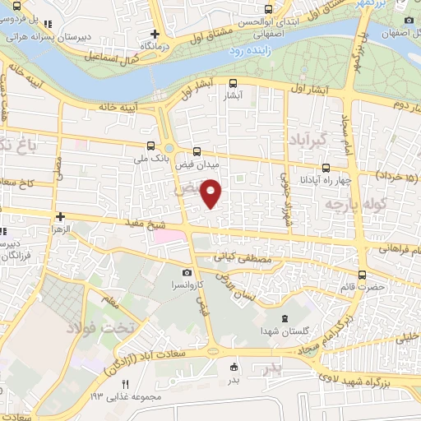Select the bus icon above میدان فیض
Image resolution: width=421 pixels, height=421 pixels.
point(196,151)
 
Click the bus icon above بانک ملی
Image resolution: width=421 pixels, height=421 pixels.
point(149,146)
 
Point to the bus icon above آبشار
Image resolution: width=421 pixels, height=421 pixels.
point(234,82)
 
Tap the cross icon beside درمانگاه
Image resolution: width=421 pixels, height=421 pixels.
point(154,35)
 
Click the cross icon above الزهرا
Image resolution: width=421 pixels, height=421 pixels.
point(59,217)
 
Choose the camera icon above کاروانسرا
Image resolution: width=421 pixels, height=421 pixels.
point(187,272)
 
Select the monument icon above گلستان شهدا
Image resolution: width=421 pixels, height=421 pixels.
point(285,319)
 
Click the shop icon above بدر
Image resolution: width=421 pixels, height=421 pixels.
point(234,367)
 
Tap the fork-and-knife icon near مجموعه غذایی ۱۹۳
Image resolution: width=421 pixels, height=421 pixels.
point(126,384)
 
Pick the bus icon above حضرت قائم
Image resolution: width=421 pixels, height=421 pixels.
point(363,275)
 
